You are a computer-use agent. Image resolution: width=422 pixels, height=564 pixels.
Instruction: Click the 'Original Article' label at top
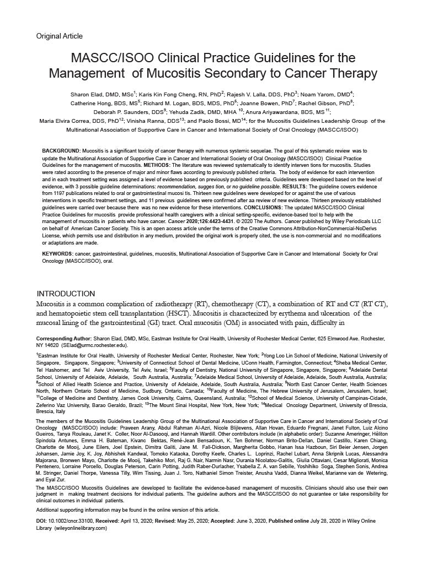pyautogui.click(x=60, y=36)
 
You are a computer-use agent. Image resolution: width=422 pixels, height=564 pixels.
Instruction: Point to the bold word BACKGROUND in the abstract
pyautogui.click(x=61, y=150)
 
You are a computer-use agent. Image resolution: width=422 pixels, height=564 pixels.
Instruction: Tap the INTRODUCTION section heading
pyautogui.click(x=66, y=294)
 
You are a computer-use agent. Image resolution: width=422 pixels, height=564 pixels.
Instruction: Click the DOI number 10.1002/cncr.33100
pyautogui.click(x=74, y=520)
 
